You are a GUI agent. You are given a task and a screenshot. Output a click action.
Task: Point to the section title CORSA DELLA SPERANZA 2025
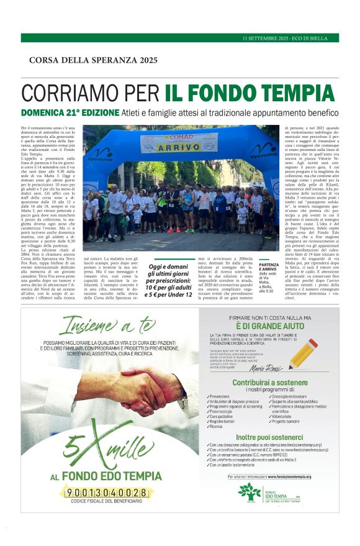click(x=93, y=60)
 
